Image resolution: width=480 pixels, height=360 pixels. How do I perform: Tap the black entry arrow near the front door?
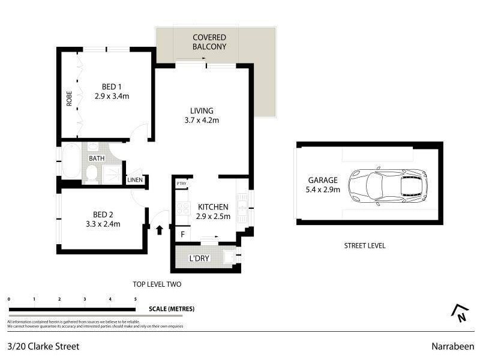160,229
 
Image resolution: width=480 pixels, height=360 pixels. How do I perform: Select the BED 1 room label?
107,86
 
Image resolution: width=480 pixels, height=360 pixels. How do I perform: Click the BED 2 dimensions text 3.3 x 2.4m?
103,224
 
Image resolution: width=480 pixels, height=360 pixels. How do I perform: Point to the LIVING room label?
202,110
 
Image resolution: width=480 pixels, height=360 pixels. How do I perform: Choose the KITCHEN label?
214,207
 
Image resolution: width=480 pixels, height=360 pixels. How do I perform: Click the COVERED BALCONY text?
209,41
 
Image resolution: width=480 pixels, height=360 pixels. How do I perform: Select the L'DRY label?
199,259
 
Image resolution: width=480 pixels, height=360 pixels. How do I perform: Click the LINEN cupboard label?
134,180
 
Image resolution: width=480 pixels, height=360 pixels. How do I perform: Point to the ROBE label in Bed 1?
70,98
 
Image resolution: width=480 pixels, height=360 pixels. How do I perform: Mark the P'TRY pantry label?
180,184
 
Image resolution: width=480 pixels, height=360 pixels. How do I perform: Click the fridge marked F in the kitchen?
181,234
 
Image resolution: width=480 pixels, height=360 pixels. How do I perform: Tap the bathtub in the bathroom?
70,160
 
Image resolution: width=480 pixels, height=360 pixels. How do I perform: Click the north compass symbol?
460,311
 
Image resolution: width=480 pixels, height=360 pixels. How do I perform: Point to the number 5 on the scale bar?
136,299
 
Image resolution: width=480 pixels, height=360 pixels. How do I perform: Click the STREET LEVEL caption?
364,245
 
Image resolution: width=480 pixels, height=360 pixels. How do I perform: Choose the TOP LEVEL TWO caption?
157,284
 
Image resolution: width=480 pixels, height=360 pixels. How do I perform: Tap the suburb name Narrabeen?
452,346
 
